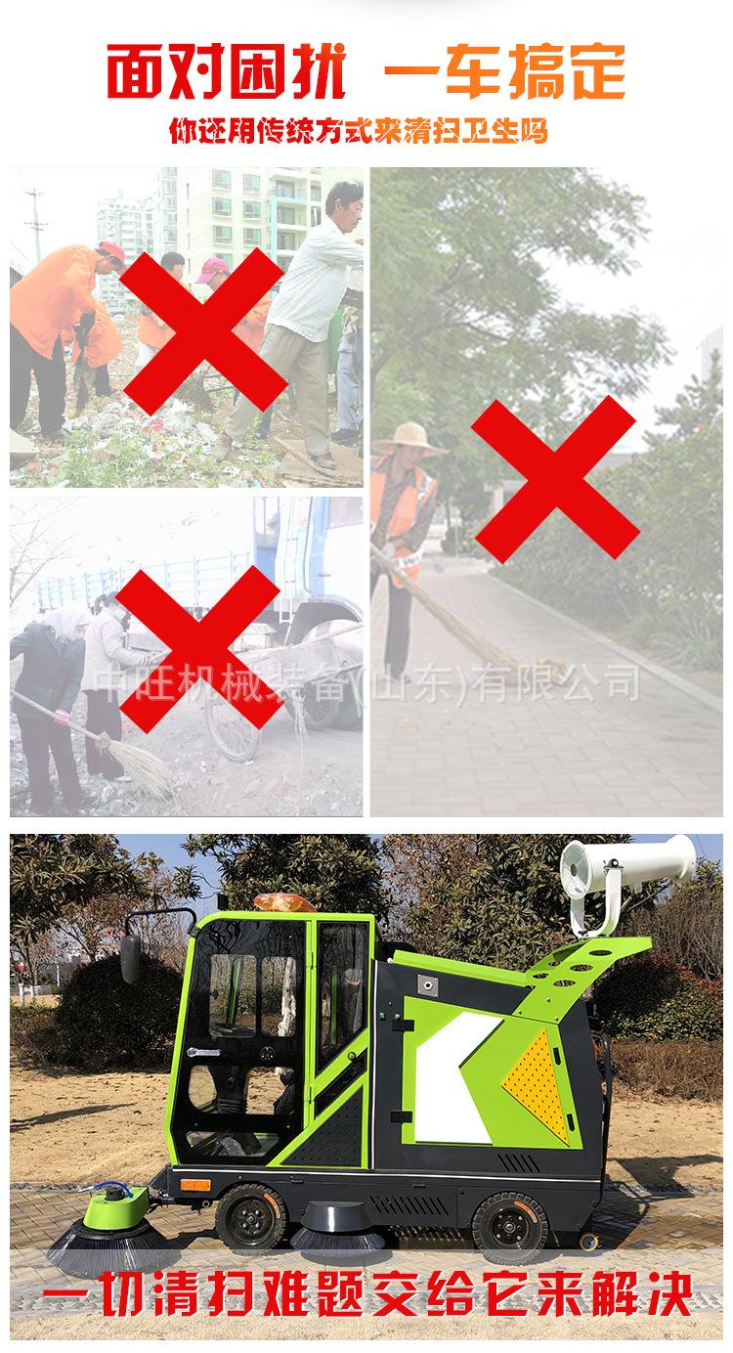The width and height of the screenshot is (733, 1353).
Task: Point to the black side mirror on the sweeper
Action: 130,957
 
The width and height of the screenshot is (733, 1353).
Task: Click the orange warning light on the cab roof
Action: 284,900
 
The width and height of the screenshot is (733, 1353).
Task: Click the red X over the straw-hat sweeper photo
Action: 554,480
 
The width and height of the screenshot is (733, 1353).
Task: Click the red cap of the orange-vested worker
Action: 110,253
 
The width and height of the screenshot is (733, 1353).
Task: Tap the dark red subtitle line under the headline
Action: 359,130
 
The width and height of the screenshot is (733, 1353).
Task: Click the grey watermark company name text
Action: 366,681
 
